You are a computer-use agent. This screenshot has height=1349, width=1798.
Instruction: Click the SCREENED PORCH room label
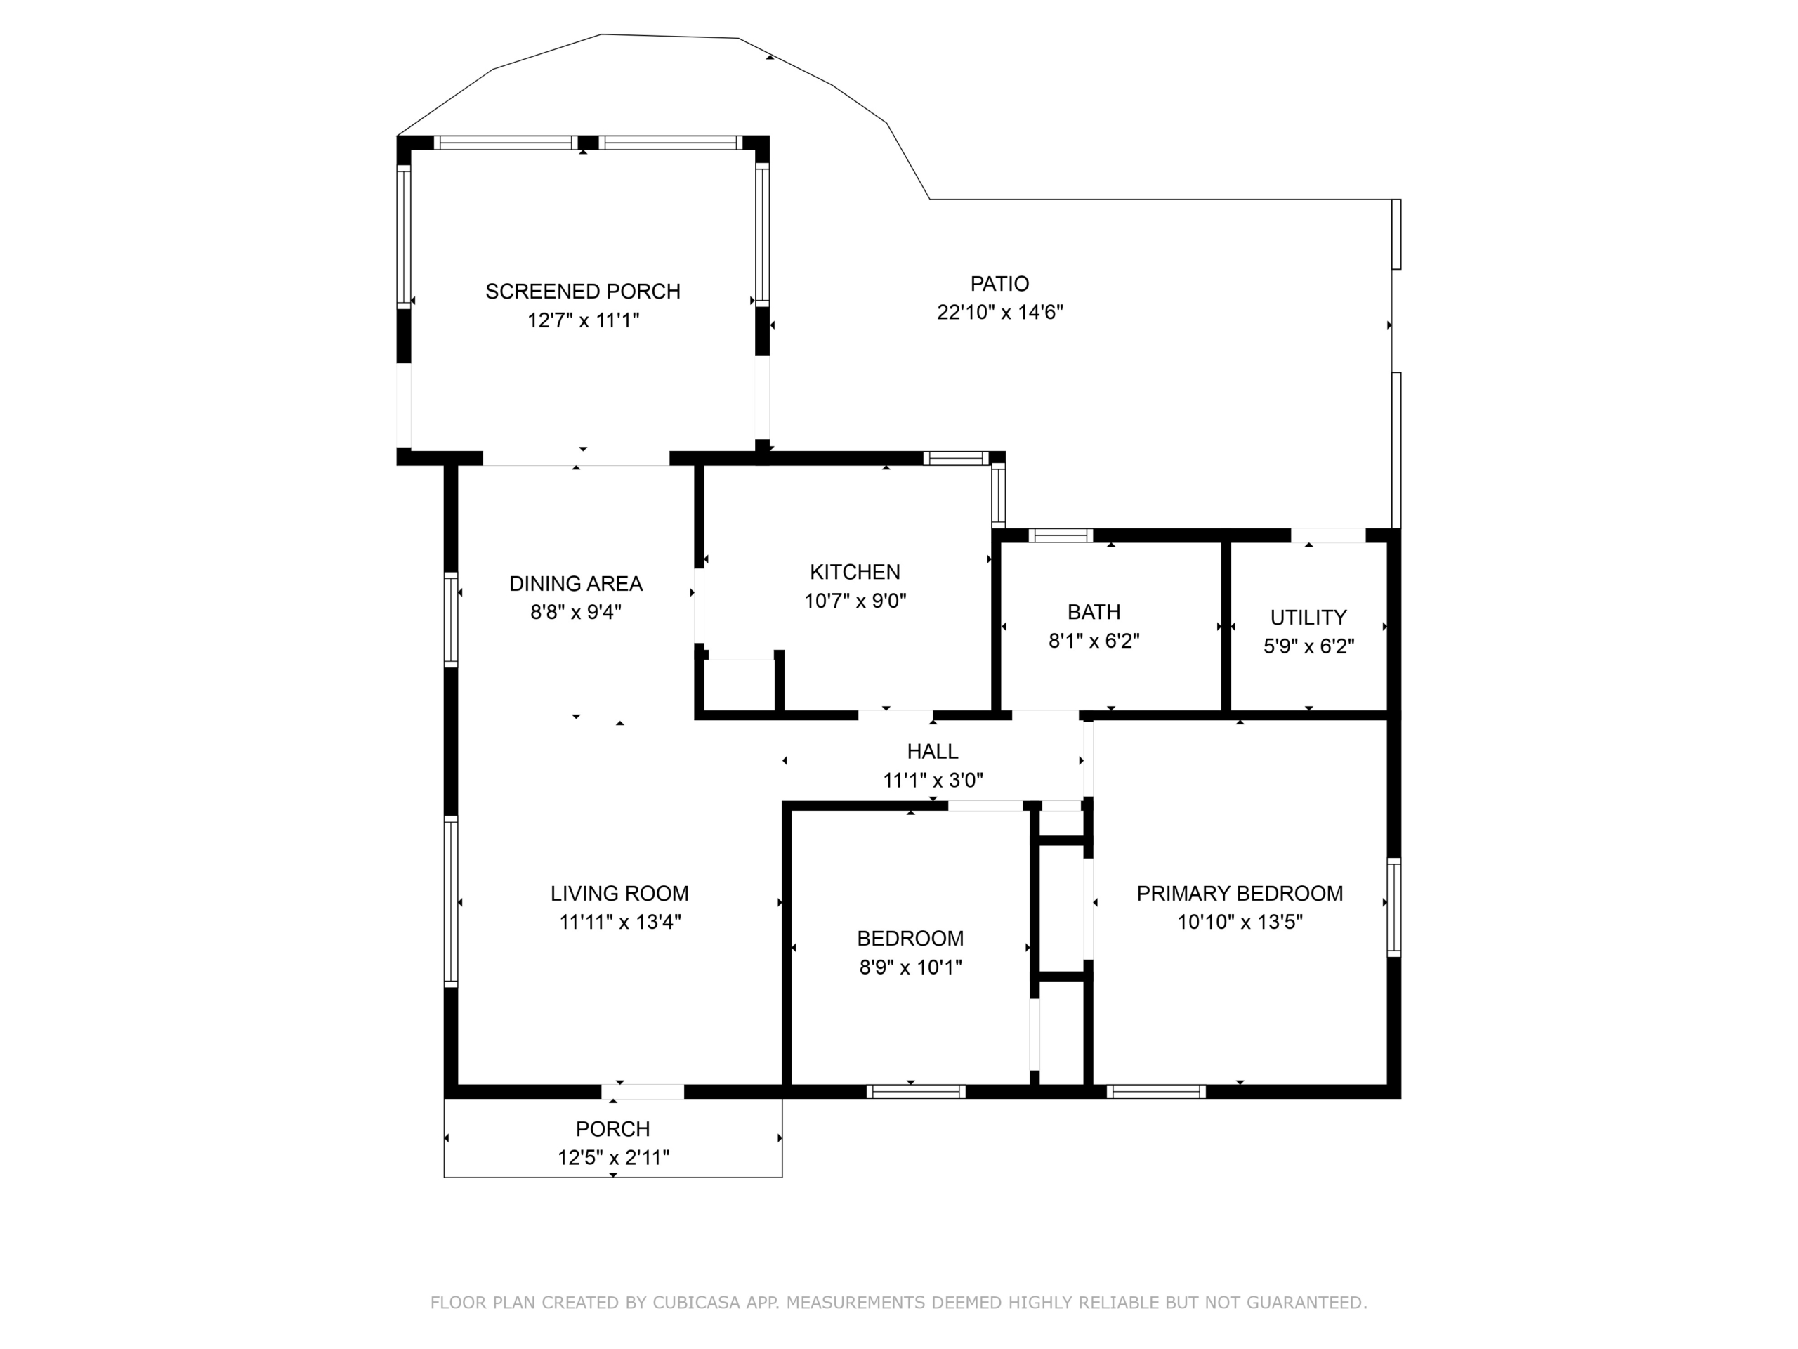[x=583, y=291]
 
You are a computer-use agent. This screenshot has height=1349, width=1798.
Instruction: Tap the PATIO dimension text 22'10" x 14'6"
[x=1000, y=312]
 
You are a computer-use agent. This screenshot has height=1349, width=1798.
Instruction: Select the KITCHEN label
[x=855, y=572]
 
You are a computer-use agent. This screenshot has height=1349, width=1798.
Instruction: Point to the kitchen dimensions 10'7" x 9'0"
[x=855, y=601]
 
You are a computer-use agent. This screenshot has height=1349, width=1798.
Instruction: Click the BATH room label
[x=1094, y=611]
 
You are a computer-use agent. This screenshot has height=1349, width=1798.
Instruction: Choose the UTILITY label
[x=1308, y=617]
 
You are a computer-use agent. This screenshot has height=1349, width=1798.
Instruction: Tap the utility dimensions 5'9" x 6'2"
[x=1308, y=646]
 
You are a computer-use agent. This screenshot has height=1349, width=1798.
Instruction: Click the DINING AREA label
[x=575, y=583]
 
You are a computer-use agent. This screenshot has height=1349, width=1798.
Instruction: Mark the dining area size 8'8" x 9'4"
[x=575, y=611]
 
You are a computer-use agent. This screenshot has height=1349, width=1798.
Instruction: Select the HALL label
[x=932, y=751]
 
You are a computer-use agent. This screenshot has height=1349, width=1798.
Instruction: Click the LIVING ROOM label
[x=619, y=894]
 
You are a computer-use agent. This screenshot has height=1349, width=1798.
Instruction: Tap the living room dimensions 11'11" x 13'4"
[x=619, y=922]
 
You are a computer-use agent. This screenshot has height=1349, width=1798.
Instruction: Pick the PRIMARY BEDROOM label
[x=1240, y=894]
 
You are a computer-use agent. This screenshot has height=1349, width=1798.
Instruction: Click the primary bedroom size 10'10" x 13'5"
[x=1240, y=922]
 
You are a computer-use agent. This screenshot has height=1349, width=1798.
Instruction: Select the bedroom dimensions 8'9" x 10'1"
[x=910, y=967]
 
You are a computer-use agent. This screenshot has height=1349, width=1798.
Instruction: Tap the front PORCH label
[x=613, y=1128]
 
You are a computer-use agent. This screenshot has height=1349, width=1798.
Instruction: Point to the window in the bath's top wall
[x=1061, y=535]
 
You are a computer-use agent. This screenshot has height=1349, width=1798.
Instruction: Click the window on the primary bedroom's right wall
[x=1393, y=906]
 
